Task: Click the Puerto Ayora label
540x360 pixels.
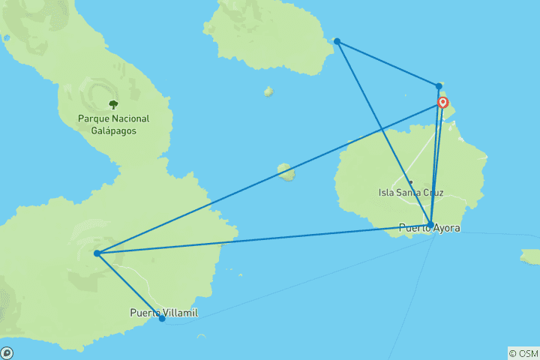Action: click(x=430, y=228)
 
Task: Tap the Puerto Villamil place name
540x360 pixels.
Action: click(x=163, y=313)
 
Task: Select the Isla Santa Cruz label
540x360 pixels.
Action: click(x=411, y=193)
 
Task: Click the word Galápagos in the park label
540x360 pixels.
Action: click(x=113, y=130)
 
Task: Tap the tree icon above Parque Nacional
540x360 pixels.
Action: click(x=113, y=104)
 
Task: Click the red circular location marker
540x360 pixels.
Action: click(x=443, y=103)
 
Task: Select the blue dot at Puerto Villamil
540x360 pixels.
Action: click(x=162, y=319)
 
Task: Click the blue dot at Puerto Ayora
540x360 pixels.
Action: click(x=430, y=223)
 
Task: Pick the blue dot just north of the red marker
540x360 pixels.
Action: click(x=439, y=86)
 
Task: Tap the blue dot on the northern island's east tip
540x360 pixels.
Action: click(x=337, y=41)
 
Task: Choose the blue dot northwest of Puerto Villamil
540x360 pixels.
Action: click(x=97, y=253)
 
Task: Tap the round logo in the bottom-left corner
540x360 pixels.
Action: click(x=7, y=352)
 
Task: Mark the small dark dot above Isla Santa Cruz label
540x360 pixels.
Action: click(x=411, y=182)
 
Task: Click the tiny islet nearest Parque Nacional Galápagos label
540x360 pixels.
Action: click(x=268, y=91)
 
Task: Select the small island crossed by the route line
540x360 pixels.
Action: click(x=286, y=172)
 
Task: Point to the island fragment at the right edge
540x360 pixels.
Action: click(x=531, y=257)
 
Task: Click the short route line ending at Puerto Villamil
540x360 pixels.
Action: click(x=130, y=286)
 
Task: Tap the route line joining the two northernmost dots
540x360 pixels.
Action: click(x=388, y=64)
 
